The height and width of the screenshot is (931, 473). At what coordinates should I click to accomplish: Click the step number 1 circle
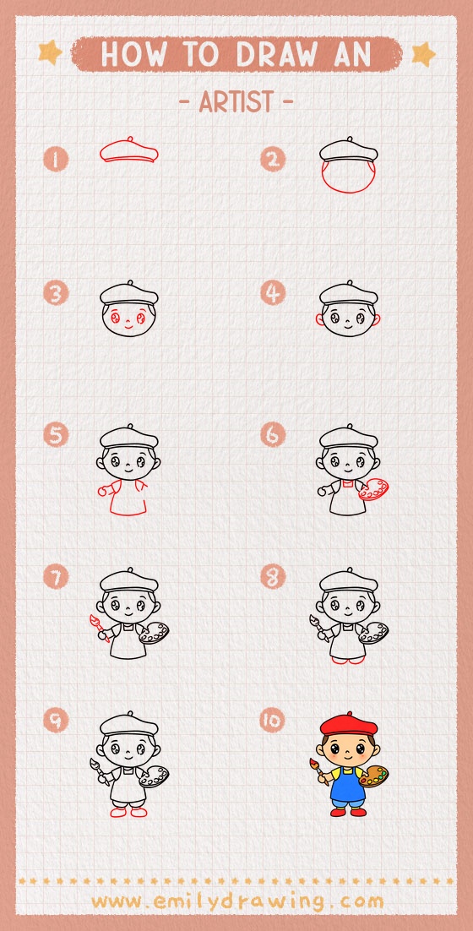coord(56,159)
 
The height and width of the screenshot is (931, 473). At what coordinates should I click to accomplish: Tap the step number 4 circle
coord(272,294)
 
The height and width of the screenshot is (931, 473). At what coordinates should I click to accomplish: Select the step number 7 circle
coord(56,578)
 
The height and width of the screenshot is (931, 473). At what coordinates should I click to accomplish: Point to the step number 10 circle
coord(272,720)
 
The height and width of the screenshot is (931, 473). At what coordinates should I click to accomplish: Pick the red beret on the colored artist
coord(347,725)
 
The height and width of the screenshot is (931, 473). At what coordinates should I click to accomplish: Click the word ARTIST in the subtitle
coord(236,102)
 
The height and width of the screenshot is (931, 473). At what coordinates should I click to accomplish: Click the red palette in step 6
coord(374,490)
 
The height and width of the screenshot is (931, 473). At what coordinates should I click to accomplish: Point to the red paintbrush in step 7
coord(95,628)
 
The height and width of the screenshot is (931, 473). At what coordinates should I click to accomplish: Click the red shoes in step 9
coord(128,812)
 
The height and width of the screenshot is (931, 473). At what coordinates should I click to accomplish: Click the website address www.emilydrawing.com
coord(236,901)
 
